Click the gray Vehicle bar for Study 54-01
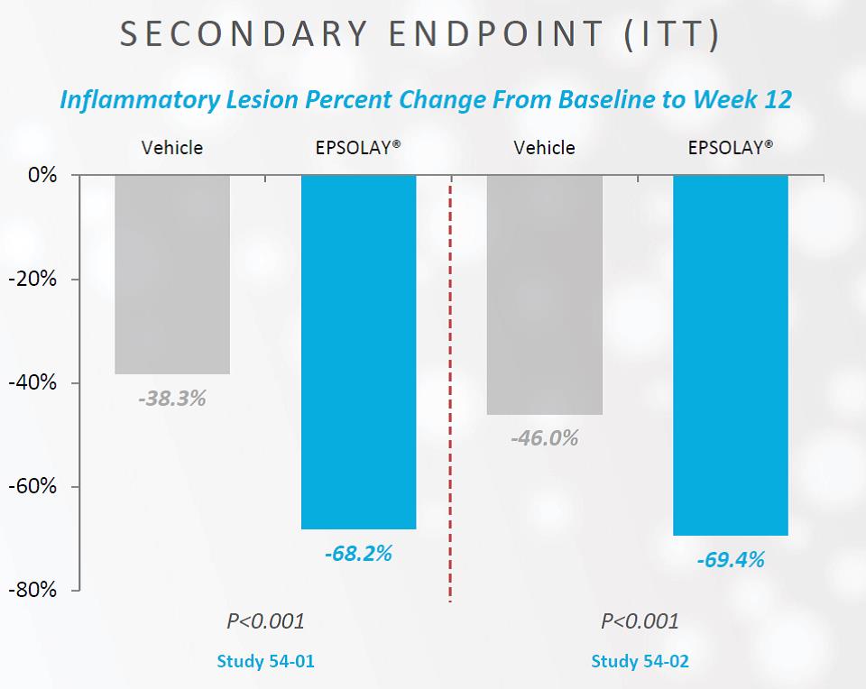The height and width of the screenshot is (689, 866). [172, 274]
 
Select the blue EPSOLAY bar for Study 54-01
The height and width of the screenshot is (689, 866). [358, 352]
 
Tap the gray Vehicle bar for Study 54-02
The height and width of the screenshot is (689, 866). [545, 294]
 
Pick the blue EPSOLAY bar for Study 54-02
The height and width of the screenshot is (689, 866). [731, 354]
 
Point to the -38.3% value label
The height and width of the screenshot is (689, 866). [172, 397]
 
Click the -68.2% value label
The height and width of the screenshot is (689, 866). [358, 553]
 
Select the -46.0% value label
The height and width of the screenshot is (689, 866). [544, 439]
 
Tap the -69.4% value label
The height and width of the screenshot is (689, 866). [731, 560]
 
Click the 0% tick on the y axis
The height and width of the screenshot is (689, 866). [42, 175]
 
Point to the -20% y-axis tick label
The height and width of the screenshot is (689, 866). [36, 279]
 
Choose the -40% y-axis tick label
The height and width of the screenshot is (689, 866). [36, 382]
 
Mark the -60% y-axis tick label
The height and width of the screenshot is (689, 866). [36, 486]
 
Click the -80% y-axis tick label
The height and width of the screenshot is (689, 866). [36, 590]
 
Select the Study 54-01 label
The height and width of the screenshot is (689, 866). [266, 661]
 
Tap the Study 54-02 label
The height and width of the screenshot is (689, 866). [640, 661]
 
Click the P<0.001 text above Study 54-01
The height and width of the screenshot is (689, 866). [264, 621]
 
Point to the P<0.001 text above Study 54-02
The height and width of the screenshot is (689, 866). [640, 621]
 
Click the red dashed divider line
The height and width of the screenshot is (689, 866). [450, 388]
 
